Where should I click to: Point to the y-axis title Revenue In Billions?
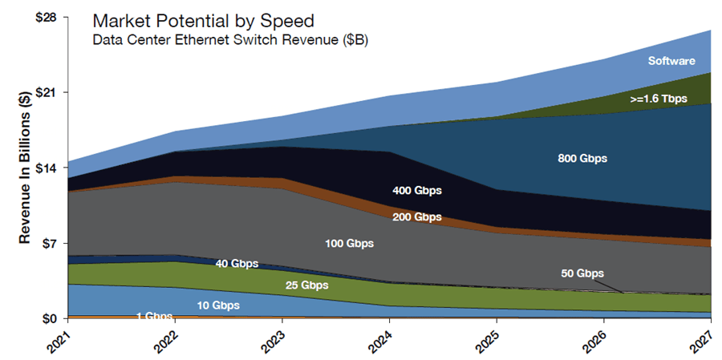[25, 168]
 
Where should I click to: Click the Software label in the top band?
[671, 61]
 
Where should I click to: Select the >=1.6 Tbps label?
[660, 99]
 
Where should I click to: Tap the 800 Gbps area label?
[582, 159]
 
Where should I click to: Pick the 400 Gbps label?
[417, 191]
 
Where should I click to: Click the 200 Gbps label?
[417, 216]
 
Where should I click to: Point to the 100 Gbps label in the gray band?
[349, 243]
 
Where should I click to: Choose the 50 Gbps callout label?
[582, 273]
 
